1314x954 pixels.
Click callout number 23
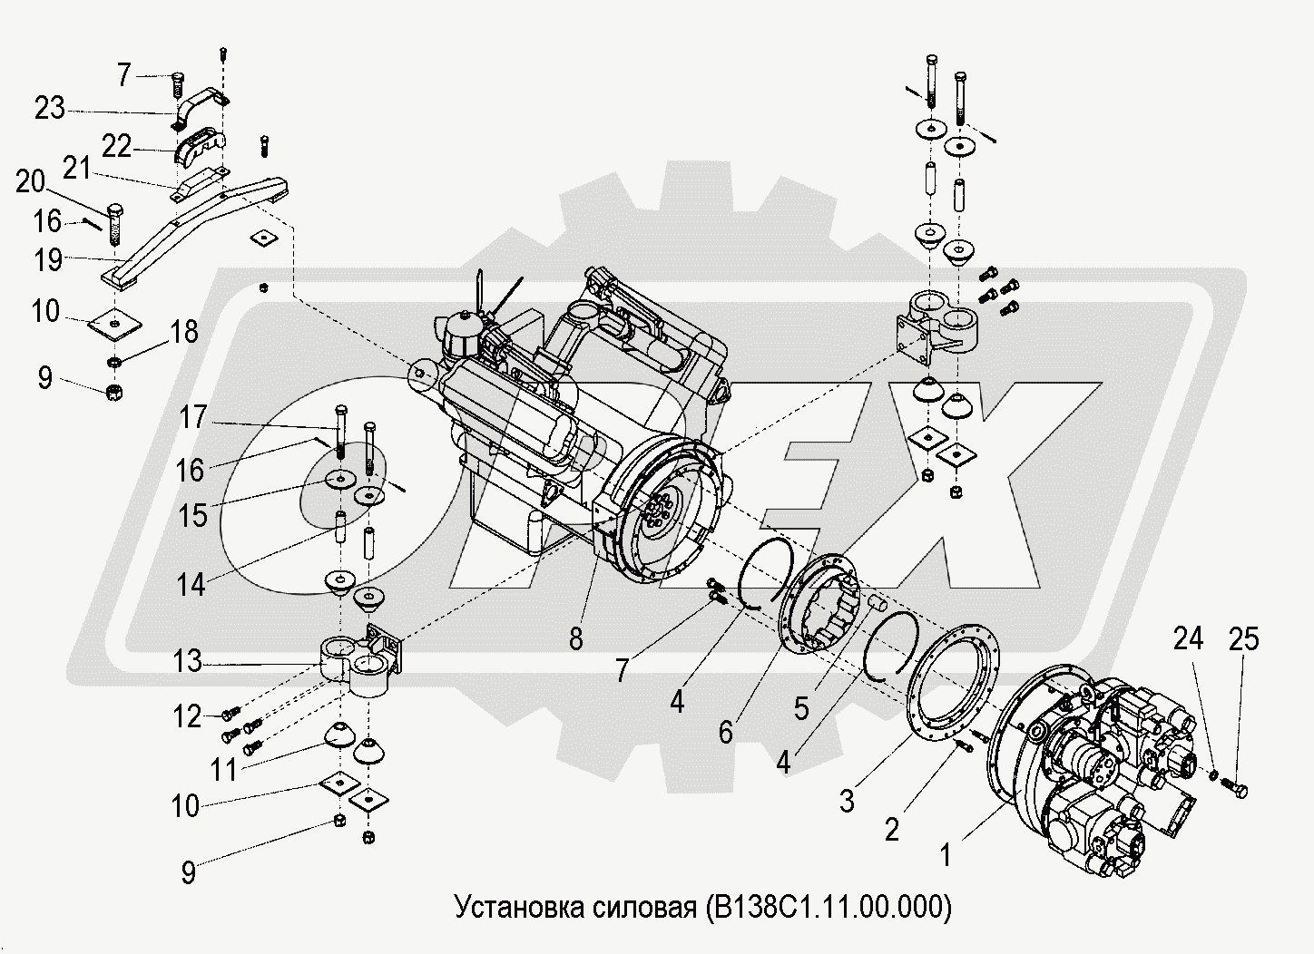point(49,110)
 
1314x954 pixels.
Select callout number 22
point(117,146)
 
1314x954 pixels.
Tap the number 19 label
point(49,260)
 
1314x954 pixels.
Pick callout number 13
point(188,661)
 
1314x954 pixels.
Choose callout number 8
point(576,638)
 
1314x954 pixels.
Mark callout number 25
point(1244,639)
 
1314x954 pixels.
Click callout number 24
point(1188,639)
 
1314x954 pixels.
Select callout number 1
point(945,854)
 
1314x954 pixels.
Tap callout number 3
point(847,800)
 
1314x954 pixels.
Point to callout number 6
point(726,731)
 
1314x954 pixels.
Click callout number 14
point(191,585)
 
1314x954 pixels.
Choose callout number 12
point(188,716)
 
